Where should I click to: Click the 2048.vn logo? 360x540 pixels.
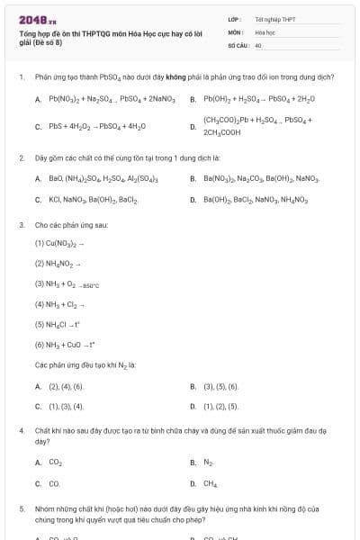coord(37,19)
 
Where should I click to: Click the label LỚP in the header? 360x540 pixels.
coord(233,18)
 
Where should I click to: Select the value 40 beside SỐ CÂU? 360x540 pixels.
coord(258,44)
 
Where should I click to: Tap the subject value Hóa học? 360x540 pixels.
coord(265,31)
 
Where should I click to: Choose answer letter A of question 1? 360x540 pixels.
coord(38,99)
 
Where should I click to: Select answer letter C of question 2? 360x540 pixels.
coord(38,200)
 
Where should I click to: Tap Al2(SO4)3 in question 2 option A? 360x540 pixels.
coord(143,178)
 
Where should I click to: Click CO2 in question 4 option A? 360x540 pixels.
coord(56,463)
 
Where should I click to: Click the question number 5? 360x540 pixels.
coord(21,508)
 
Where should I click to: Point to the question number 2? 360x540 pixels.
coord(21,157)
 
